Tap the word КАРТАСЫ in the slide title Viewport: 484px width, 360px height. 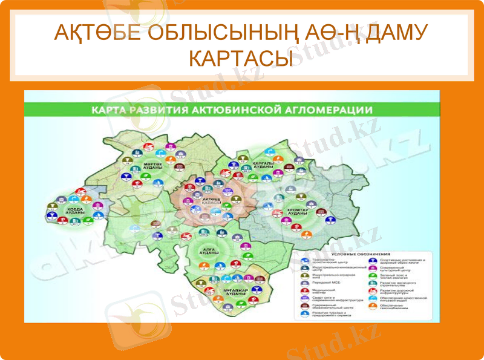click(242, 59)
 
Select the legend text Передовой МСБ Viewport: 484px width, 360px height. click(327, 283)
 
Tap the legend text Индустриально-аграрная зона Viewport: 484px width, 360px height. click(330, 275)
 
